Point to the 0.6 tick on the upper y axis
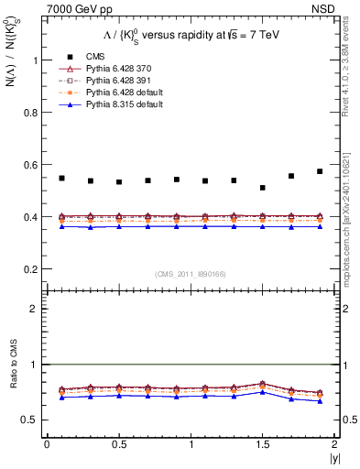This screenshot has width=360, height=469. (32, 165)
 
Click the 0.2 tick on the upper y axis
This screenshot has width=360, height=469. (32, 269)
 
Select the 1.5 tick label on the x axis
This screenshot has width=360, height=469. (263, 445)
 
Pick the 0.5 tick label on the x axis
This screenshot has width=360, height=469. (119, 445)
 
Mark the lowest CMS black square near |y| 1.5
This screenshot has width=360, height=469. (263, 188)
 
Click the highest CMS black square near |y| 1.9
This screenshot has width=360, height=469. (320, 171)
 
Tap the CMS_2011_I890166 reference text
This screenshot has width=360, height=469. (191, 274)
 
